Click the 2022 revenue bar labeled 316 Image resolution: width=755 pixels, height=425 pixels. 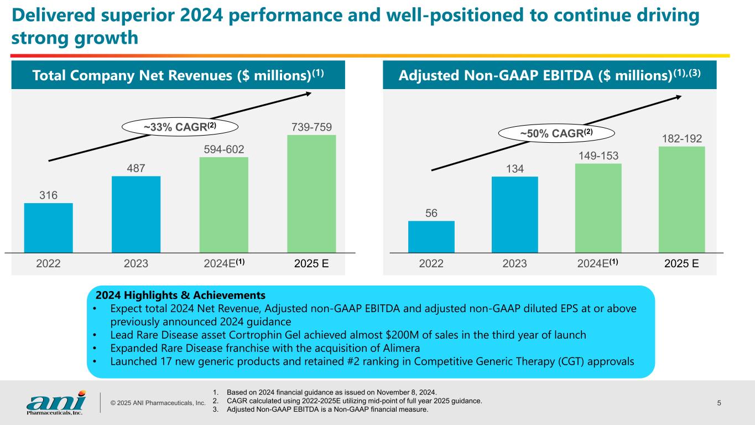[49, 228]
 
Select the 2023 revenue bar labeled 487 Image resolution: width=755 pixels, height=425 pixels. [136, 215]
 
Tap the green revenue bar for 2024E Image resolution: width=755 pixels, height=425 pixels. [223, 205]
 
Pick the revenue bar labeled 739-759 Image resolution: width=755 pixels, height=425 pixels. [311, 194]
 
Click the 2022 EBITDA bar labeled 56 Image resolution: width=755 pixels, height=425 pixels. [431, 237]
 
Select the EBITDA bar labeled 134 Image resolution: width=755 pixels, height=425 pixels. [514, 215]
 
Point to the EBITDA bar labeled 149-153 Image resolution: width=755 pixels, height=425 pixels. [598, 208]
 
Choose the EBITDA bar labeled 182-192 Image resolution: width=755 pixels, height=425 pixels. [681, 199]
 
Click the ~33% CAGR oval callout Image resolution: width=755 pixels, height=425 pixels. [180, 127]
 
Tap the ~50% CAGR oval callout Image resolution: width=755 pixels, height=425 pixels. [549, 133]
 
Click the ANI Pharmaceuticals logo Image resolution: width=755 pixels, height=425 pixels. [56, 402]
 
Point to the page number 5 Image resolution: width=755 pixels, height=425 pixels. [719, 402]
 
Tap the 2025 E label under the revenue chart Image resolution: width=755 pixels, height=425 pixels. [311, 264]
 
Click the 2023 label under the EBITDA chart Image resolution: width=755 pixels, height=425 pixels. [514, 264]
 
